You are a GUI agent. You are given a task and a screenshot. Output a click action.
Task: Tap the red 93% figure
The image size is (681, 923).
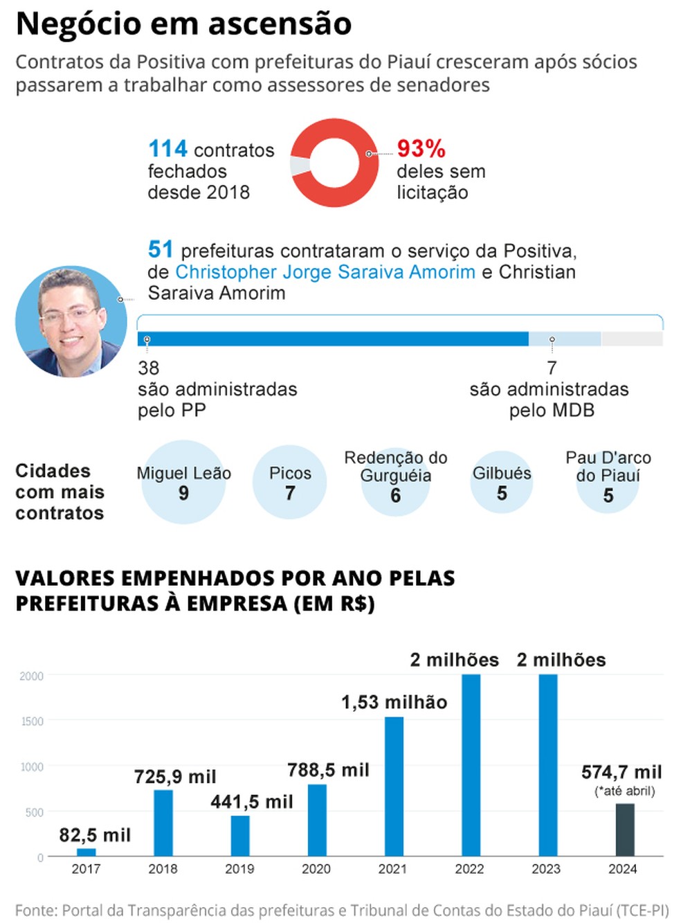(421, 148)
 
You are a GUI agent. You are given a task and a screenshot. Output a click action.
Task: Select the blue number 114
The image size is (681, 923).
(167, 148)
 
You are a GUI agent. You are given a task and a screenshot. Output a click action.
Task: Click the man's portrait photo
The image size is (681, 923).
(71, 322)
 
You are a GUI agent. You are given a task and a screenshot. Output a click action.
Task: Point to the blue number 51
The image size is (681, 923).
(160, 249)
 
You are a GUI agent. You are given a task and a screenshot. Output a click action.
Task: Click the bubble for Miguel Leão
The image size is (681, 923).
(183, 483)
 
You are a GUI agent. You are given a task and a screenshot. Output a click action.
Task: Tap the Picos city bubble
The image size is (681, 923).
(289, 483)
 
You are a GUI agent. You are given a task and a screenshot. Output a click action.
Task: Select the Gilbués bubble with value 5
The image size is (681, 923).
(501, 483)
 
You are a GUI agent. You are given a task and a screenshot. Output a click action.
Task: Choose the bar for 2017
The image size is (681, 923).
(86, 852)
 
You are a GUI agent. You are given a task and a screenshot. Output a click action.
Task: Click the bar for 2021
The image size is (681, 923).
(393, 786)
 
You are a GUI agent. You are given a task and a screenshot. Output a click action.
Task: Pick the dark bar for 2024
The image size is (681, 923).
(624, 830)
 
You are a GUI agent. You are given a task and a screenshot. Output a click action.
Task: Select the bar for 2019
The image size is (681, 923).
(240, 835)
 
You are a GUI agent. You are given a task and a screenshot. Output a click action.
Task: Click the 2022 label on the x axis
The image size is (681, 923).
(469, 869)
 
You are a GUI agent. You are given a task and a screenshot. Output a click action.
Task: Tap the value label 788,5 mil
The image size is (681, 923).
(328, 770)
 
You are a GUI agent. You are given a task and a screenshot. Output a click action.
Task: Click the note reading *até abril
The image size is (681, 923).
(624, 791)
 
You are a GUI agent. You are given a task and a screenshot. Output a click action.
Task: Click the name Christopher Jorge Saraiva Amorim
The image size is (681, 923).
(325, 271)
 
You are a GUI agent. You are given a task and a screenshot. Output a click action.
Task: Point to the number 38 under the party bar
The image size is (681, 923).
(148, 368)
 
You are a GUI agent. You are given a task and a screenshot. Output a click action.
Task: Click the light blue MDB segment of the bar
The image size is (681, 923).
(565, 339)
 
